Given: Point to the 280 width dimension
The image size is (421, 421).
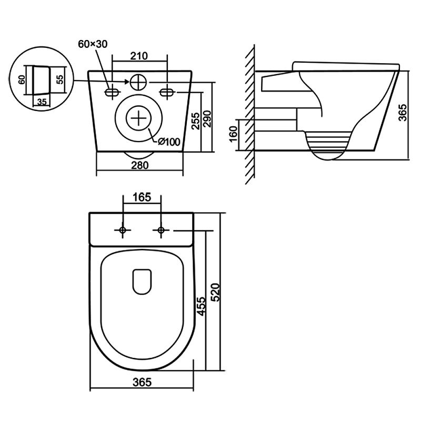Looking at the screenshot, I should [x=140, y=165].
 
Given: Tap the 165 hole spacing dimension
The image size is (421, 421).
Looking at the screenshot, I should [x=141, y=198].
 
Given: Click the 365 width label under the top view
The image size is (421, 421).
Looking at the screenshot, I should [x=142, y=383].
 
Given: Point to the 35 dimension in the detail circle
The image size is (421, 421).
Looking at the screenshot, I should [x=41, y=102].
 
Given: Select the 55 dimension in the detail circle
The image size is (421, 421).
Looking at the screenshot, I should [x=59, y=79].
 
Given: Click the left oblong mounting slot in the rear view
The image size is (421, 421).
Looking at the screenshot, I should [x=112, y=93].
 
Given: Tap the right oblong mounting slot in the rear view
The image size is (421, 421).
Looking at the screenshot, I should [x=167, y=93].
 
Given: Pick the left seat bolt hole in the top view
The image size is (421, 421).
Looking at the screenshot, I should [x=123, y=230].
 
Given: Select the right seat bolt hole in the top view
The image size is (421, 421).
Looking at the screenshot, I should [x=161, y=230].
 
